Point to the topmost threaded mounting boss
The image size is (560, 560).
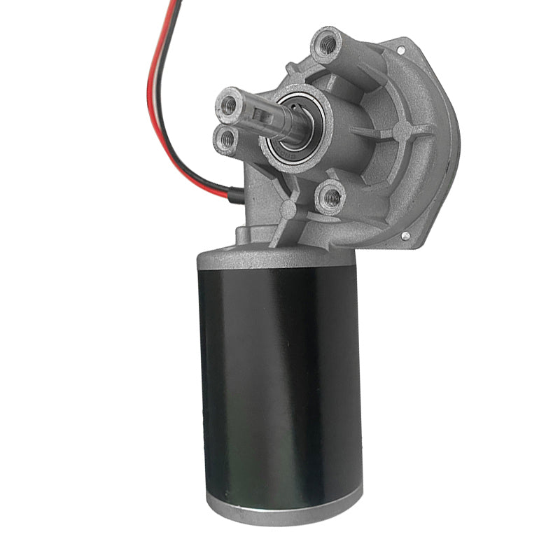[326, 45]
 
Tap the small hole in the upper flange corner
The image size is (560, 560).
[401, 50]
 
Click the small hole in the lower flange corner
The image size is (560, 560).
[405, 237]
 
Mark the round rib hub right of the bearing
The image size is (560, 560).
[401, 131]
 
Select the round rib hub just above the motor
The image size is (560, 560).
[288, 209]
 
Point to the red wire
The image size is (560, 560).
[153, 84]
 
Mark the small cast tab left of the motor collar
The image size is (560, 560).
[242, 234]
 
